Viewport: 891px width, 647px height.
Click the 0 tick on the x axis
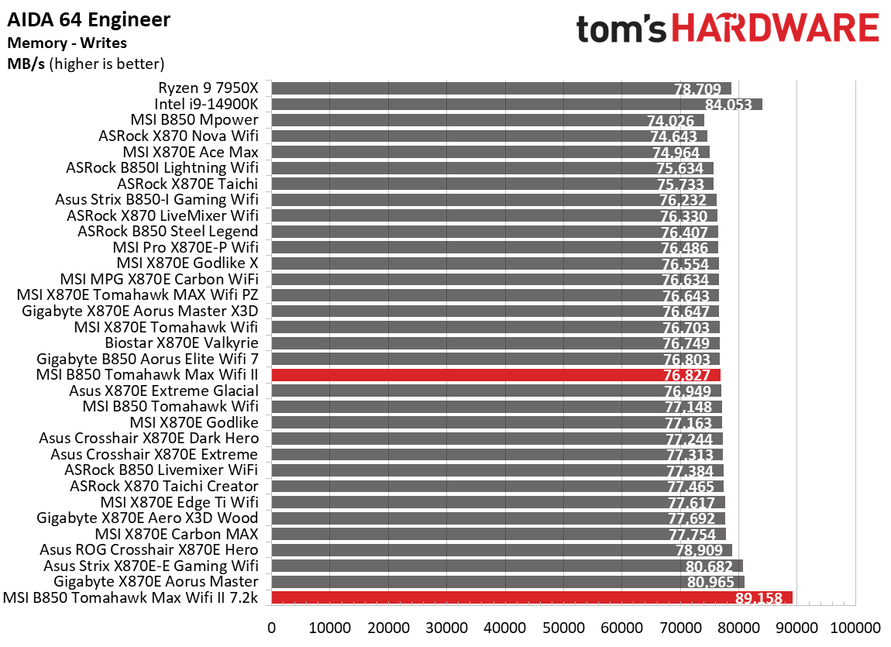(x=271, y=627)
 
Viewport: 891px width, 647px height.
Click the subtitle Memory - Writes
(x=67, y=43)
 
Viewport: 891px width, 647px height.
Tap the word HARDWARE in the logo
(x=775, y=29)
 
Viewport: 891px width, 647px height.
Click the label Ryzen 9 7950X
(x=208, y=88)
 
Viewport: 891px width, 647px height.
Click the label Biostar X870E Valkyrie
(x=181, y=342)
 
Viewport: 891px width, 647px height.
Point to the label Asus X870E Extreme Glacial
(x=163, y=391)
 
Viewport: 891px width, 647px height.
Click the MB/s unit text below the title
(x=26, y=64)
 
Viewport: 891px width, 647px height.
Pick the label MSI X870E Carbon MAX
(x=177, y=534)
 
